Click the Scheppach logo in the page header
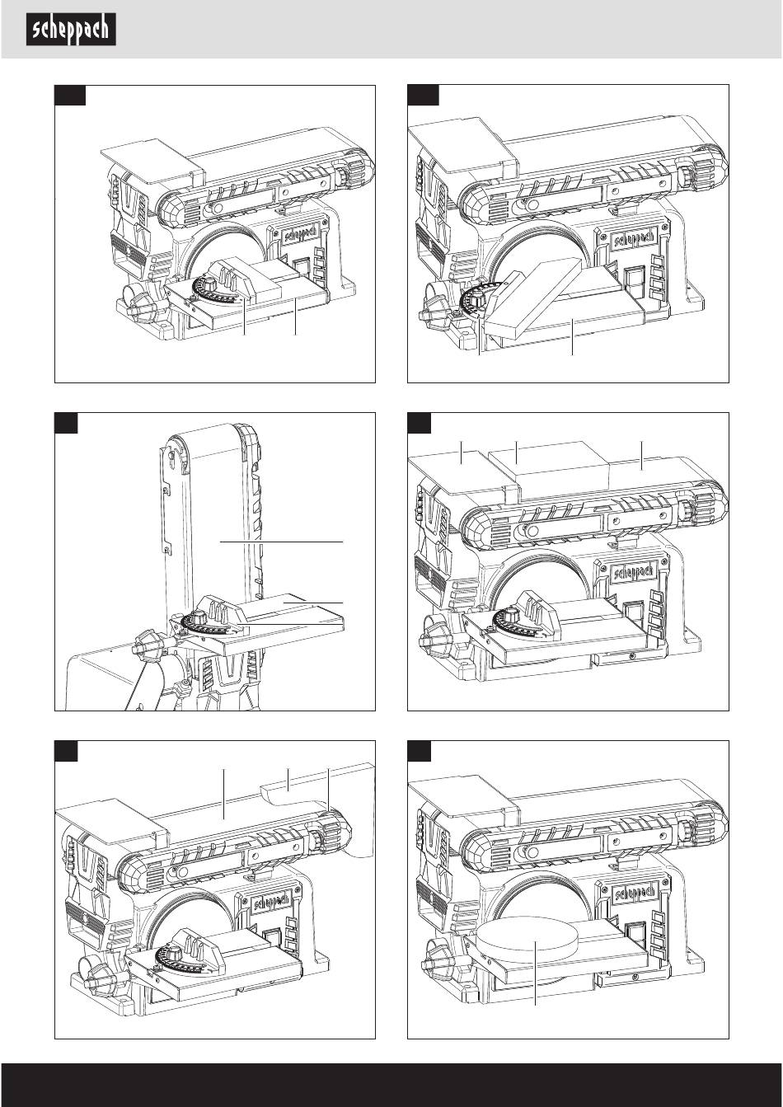click(73, 30)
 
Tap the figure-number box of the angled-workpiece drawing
click(423, 96)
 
